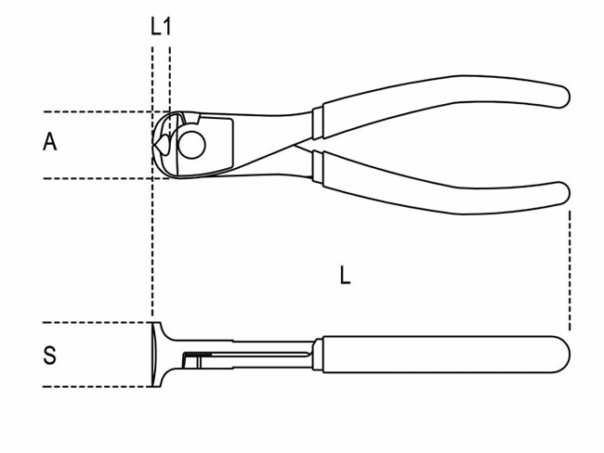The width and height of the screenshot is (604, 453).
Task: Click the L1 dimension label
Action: click(x=161, y=26)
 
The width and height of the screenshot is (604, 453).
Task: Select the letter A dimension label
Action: click(x=50, y=142)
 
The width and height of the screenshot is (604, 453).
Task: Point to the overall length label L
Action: click(x=345, y=275)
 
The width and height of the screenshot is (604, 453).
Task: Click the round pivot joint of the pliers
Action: click(x=193, y=146)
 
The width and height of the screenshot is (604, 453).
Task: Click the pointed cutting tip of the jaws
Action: click(x=157, y=146)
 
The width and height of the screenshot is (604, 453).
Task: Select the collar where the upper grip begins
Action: click(x=317, y=119)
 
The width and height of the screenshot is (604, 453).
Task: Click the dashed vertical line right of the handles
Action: click(x=569, y=269)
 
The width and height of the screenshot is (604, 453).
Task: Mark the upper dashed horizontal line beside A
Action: click(x=93, y=111)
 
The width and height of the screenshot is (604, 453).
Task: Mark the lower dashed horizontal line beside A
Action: click(x=93, y=178)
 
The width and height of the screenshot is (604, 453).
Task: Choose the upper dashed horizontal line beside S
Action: click(x=93, y=323)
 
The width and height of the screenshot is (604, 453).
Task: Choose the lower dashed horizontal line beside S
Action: click(x=93, y=386)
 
